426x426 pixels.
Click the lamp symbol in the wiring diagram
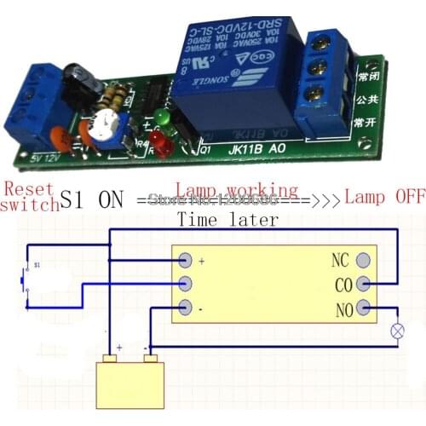point(395,330)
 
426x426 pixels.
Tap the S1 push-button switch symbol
point(24,277)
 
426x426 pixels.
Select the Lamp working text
point(236,190)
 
